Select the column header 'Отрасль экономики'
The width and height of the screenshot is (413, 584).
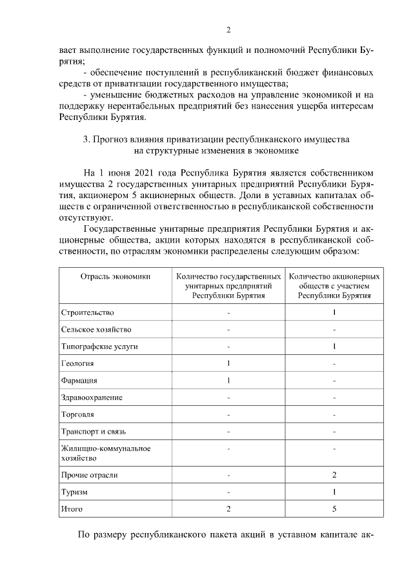tap(116, 276)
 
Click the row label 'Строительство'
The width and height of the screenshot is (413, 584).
tap(87, 312)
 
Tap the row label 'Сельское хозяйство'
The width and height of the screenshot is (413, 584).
tap(96, 329)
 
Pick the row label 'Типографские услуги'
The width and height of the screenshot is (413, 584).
tap(99, 347)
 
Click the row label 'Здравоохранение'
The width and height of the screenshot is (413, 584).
tap(92, 397)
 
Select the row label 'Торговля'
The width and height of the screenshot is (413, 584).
tap(77, 414)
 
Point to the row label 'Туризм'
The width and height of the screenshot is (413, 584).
tap(74, 492)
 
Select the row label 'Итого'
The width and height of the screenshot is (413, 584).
tap(72, 509)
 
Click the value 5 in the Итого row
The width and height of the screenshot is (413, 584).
tap(334, 509)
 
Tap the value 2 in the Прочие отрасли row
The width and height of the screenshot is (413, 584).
tap(334, 475)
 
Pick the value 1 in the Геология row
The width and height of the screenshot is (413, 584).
tap(229, 363)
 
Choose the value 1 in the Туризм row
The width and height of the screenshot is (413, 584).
tap(334, 492)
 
